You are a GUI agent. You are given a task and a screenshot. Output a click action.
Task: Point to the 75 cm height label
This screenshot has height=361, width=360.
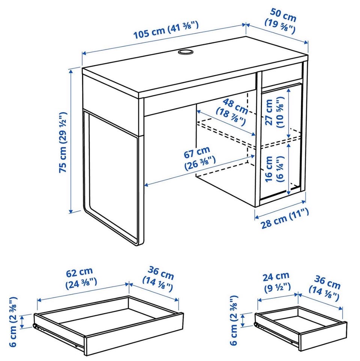click(63, 142)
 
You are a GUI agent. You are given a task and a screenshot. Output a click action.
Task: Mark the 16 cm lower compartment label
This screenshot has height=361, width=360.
click(274, 169)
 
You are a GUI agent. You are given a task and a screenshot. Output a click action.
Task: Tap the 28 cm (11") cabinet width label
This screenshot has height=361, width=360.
click(284, 218)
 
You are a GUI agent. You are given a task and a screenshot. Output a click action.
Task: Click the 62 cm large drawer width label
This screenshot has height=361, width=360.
click(81, 278)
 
